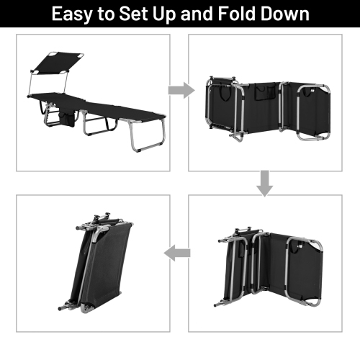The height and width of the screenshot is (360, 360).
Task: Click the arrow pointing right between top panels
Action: pos(180,90)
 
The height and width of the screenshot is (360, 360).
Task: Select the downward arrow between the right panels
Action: pos(266,185)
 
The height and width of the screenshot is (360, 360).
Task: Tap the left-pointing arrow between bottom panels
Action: pos(180,253)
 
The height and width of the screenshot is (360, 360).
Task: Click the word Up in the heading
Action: pos(171,14)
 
